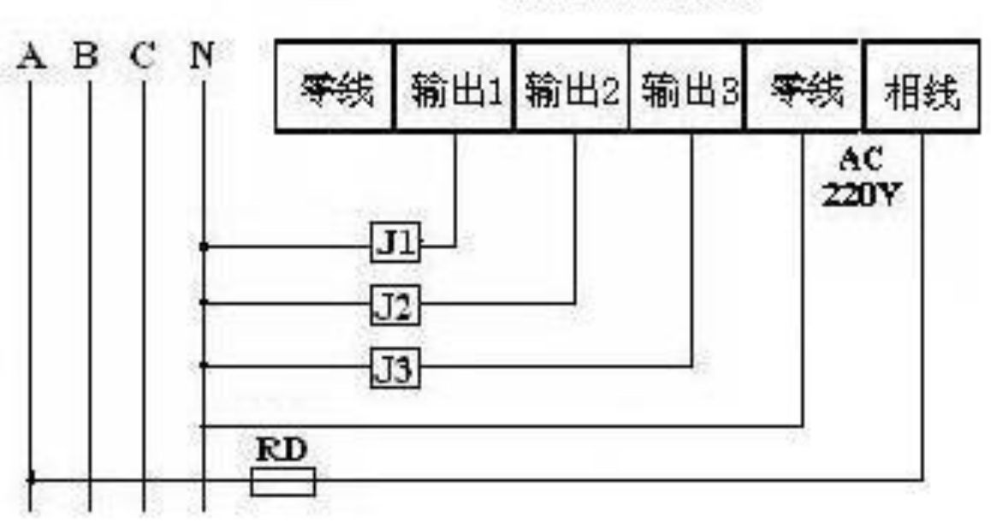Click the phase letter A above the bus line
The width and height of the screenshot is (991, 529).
[32, 57]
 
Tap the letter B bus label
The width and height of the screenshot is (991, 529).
[86, 56]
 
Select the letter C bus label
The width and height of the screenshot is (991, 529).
[143, 56]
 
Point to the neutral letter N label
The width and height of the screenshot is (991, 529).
[202, 56]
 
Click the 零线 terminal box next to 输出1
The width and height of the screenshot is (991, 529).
[335, 86]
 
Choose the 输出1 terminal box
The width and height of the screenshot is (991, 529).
[454, 86]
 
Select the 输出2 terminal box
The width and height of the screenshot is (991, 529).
[572, 86]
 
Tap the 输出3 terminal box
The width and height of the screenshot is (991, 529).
[688, 86]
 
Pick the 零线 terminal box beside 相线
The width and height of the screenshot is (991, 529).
[804, 86]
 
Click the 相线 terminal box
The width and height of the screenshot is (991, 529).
[921, 86]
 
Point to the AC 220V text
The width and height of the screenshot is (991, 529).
[861, 178]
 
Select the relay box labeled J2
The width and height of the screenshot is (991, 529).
[395, 306]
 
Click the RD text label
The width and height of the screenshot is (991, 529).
[282, 450]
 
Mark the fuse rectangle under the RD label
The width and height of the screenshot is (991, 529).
[282, 482]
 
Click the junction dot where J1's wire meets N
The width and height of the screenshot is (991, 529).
[204, 247]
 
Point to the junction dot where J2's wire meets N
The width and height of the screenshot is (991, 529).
[204, 303]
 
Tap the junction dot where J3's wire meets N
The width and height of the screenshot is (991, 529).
[204, 366]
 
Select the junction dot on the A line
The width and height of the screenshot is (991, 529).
[31, 479]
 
